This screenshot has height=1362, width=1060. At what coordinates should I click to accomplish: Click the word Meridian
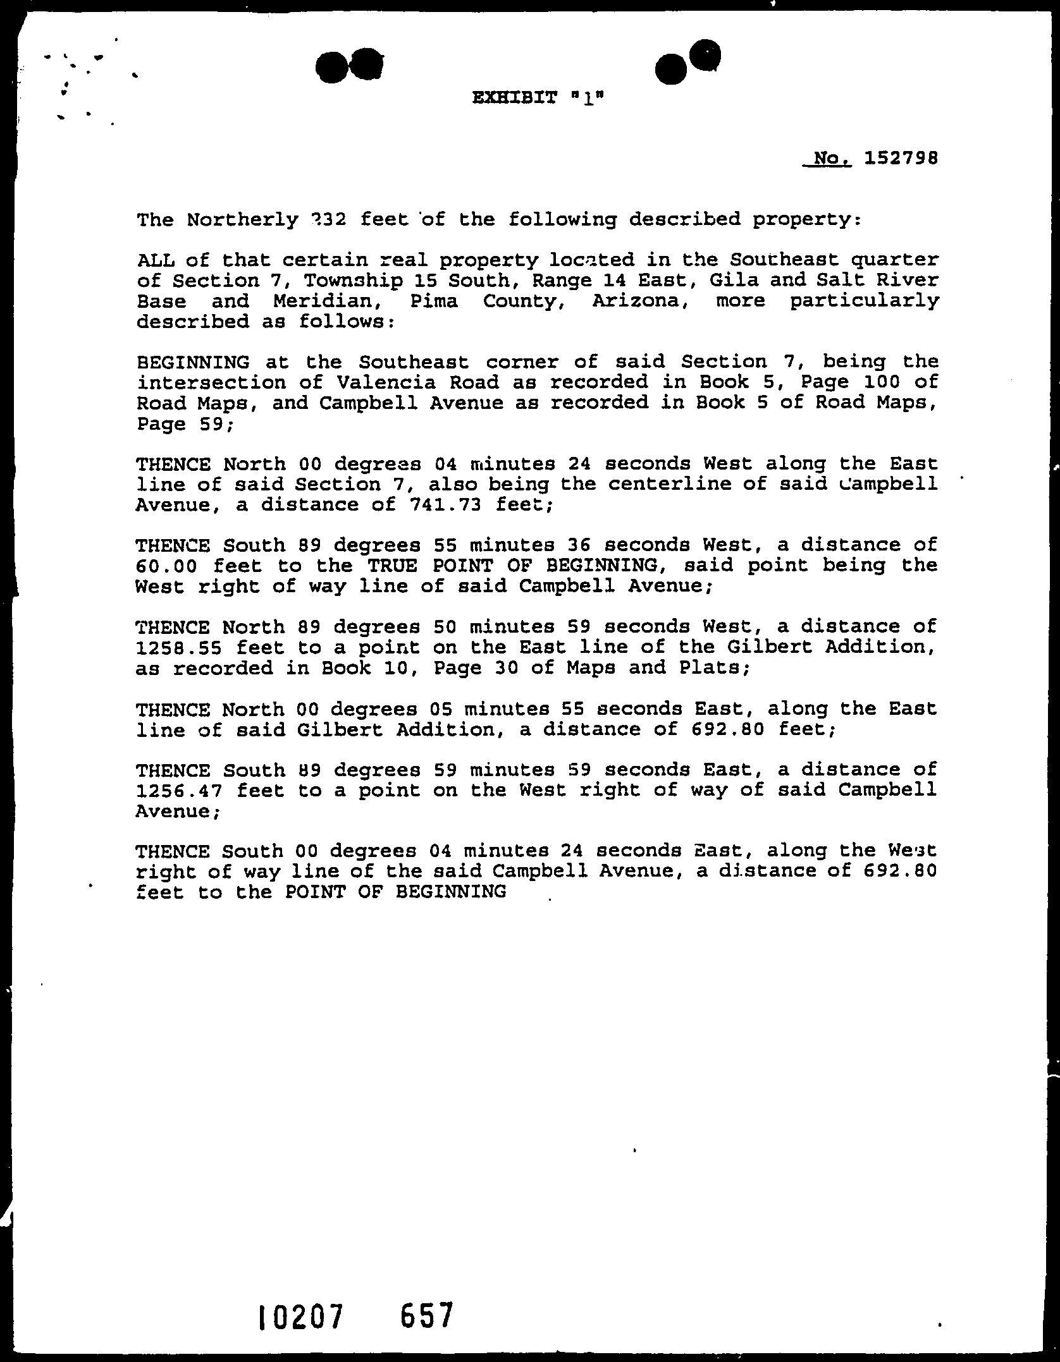pos(323,301)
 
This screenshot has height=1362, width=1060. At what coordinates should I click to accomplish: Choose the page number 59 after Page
pos(209,423)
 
